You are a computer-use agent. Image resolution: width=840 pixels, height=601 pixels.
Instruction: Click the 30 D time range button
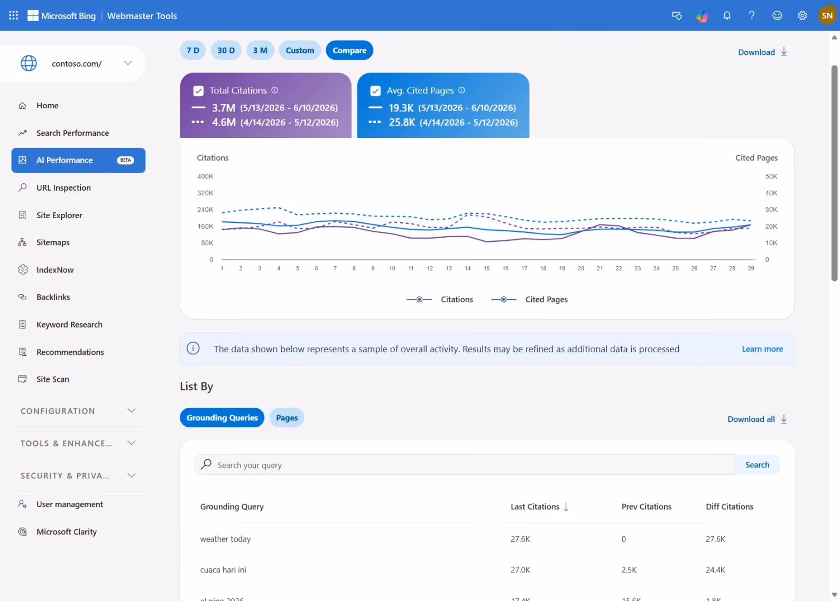(226, 50)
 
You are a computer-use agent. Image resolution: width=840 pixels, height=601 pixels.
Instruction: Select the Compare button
(349, 50)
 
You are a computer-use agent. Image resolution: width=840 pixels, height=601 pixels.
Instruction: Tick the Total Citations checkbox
(198, 91)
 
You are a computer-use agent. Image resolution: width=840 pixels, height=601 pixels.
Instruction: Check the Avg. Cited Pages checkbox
(375, 91)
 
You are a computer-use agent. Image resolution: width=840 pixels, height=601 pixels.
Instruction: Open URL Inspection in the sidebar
(63, 187)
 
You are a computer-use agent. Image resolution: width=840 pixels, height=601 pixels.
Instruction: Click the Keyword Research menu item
(69, 324)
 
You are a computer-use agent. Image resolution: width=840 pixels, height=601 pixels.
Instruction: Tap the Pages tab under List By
(287, 417)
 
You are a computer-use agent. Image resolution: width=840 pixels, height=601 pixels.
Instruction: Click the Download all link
(757, 419)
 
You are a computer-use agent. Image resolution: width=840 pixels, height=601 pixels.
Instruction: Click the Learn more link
(762, 349)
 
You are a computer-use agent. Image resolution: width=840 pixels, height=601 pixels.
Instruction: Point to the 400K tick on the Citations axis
(205, 176)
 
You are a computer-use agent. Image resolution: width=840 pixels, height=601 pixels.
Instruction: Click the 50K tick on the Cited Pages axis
(771, 176)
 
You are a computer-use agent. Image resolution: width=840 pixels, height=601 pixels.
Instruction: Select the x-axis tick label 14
(468, 268)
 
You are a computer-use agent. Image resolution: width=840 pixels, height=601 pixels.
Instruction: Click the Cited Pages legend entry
(530, 299)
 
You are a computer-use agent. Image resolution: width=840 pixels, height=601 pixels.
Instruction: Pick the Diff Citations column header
(730, 506)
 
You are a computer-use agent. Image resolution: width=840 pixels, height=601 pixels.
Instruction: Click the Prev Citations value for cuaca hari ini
(629, 570)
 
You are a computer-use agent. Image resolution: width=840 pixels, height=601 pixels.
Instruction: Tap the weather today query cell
(225, 539)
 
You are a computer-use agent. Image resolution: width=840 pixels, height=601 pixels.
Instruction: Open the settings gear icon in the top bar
(802, 15)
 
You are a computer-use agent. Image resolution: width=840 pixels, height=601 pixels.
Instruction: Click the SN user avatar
(827, 15)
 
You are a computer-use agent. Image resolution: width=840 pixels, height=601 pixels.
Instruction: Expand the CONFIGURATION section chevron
(131, 411)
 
